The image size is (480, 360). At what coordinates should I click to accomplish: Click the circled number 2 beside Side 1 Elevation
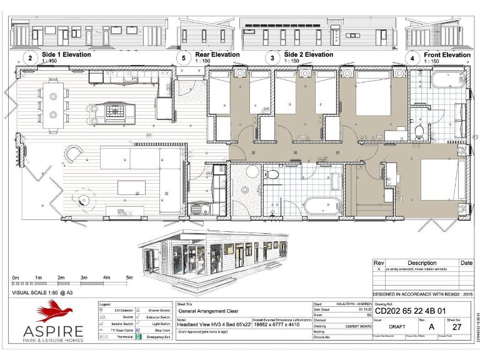tap(29, 58)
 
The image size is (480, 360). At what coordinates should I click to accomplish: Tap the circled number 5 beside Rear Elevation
tap(183, 58)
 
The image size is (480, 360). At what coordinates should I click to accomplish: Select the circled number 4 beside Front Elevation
tap(412, 58)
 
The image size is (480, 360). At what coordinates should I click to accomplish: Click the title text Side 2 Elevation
tap(308, 55)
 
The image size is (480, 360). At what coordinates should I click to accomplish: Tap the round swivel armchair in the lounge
tap(74, 154)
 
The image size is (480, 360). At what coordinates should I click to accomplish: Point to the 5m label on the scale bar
tap(129, 277)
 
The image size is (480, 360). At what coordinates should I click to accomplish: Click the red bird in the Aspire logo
tap(54, 312)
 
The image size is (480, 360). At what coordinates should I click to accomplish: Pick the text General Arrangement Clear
tap(209, 310)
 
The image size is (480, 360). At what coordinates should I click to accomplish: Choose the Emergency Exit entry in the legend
tap(159, 338)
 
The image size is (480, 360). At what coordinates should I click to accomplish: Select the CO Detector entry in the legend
tap(122, 310)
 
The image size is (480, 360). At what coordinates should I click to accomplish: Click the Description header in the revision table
tap(422, 263)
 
